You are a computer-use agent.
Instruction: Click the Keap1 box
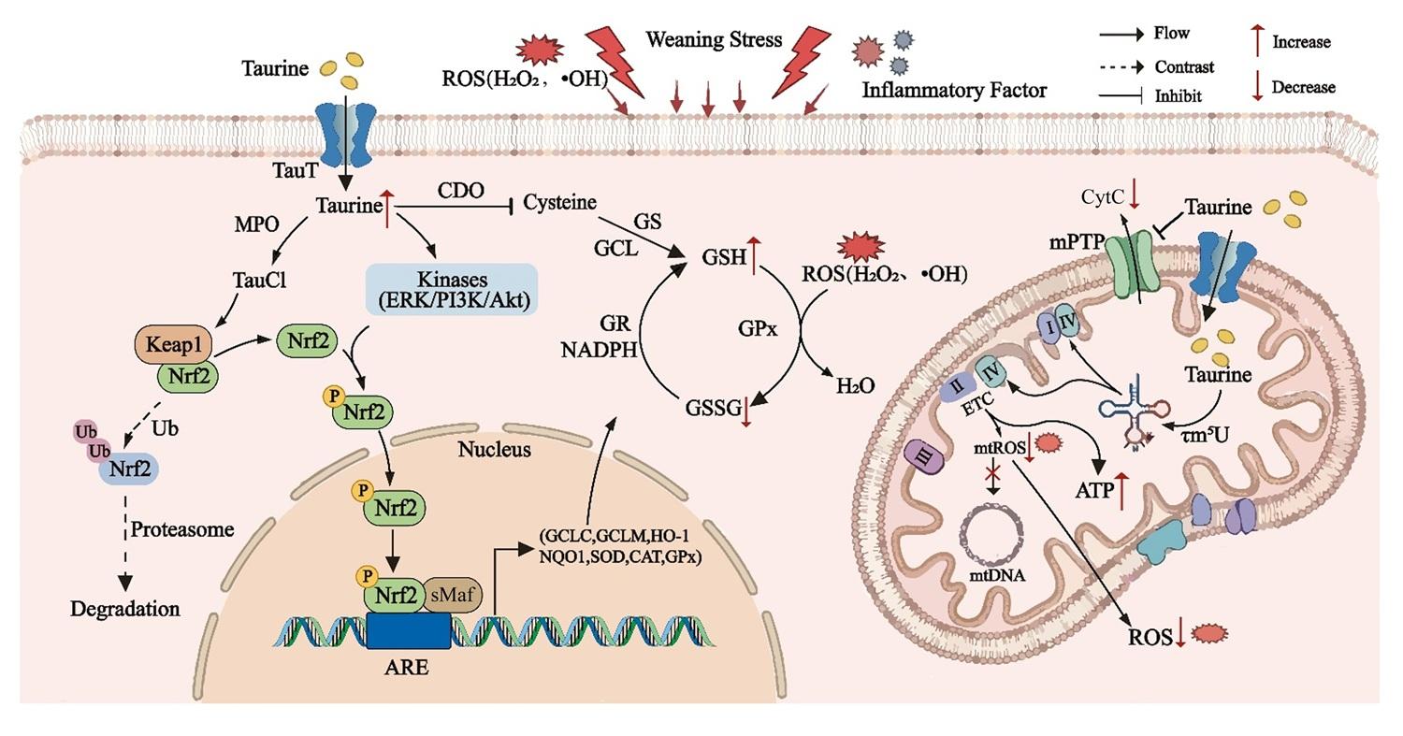[x=173, y=344]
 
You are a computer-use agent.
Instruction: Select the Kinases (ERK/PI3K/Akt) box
[x=452, y=289]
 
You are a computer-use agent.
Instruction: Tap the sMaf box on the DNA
[x=453, y=595]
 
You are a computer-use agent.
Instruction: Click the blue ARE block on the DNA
[x=409, y=630]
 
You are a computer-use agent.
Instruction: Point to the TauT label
[x=295, y=170]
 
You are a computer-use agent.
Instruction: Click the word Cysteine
[x=559, y=202]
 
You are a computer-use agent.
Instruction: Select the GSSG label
[x=714, y=408]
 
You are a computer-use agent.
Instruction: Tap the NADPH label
[x=599, y=350]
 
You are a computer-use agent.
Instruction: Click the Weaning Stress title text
[x=714, y=39]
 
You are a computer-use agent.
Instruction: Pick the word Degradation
[x=124, y=609]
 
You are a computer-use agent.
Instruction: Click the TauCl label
[x=259, y=280]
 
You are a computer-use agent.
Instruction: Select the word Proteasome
[x=182, y=530]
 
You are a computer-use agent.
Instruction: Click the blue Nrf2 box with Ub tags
[x=128, y=469]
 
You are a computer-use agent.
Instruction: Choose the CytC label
[x=1103, y=197]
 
